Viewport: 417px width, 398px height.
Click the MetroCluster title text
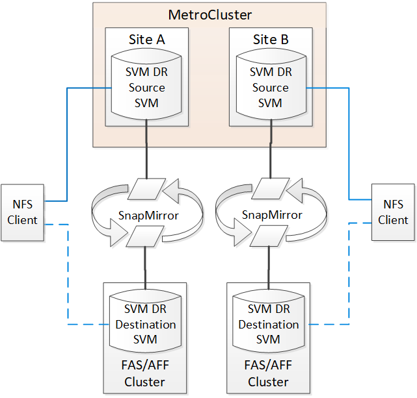pyautogui.click(x=209, y=14)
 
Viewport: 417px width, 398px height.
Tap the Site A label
pyautogui.click(x=146, y=40)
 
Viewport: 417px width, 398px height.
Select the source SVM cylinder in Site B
pyautogui.click(x=270, y=88)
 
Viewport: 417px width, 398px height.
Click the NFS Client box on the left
pyautogui.click(x=22, y=212)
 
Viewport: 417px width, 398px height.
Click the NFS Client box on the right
pyautogui.click(x=393, y=212)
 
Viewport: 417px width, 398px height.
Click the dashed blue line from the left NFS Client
pyautogui.click(x=68, y=279)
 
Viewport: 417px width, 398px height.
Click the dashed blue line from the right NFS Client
pyautogui.click(x=349, y=279)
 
